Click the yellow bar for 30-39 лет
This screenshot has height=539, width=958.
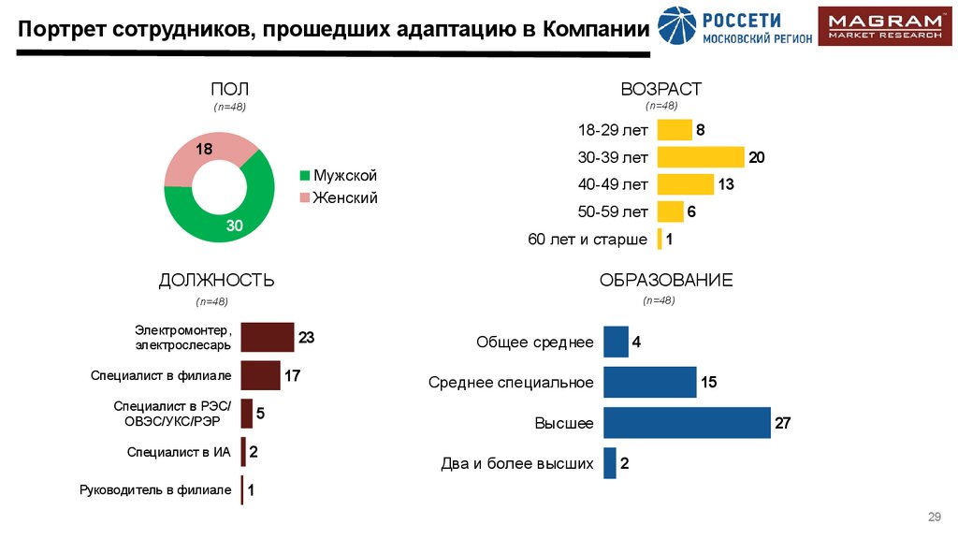tap(700, 157)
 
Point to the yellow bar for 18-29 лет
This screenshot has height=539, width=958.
tap(674, 130)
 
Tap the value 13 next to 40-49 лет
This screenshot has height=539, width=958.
tap(725, 184)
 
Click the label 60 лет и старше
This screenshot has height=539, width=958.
tap(588, 240)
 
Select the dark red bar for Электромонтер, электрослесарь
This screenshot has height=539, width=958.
tap(267, 337)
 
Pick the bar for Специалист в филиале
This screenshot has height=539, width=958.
tap(260, 375)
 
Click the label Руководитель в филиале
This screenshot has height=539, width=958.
tap(155, 489)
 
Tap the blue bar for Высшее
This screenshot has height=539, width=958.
tap(686, 423)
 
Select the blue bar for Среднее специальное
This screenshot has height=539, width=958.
tap(649, 382)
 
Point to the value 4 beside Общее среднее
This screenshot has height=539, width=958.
tap(636, 342)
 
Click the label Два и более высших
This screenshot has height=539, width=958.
tap(517, 463)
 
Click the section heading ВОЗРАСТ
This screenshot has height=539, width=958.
tap(660, 89)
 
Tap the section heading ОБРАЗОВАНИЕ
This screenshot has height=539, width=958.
tap(665, 280)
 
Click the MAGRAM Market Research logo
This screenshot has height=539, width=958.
tap(884, 26)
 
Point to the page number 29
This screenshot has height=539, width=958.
tap(933, 517)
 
